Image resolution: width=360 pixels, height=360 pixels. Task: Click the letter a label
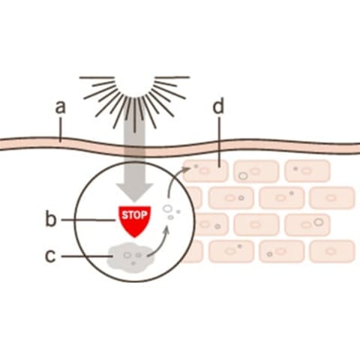click(60, 106)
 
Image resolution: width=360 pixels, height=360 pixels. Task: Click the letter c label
click(50, 256)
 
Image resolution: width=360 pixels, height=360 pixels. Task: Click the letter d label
click(218, 106)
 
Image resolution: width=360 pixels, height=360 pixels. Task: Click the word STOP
click(134, 215)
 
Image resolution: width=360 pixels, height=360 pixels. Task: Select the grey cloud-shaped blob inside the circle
click(130, 257)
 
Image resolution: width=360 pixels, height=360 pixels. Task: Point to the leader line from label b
click(88, 220)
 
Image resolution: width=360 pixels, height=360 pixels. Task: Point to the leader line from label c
click(86, 256)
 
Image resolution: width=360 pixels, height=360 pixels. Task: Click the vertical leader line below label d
click(219, 142)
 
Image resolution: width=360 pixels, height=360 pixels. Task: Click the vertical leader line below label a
click(60, 130)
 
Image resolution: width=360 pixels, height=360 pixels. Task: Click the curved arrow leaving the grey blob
click(160, 244)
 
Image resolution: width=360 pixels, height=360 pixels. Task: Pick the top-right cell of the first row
click(307, 171)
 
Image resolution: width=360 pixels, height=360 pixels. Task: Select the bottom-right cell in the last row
click(332, 251)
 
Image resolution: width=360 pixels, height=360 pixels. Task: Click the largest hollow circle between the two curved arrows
click(167, 208)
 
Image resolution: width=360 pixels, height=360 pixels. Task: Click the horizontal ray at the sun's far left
click(97, 77)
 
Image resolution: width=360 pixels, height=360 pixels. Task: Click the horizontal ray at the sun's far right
click(172, 77)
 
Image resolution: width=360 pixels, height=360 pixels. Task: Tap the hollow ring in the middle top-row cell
click(242, 175)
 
